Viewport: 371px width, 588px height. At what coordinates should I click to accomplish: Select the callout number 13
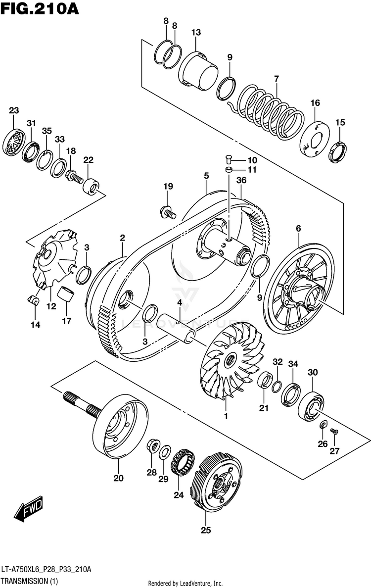(196, 33)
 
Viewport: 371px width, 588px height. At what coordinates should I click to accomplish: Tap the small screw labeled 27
(335, 432)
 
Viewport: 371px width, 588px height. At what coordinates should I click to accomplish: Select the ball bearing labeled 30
(312, 406)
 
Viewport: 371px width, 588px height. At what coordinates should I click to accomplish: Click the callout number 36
(241, 180)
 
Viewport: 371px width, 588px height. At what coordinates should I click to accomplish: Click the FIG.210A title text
(40, 8)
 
